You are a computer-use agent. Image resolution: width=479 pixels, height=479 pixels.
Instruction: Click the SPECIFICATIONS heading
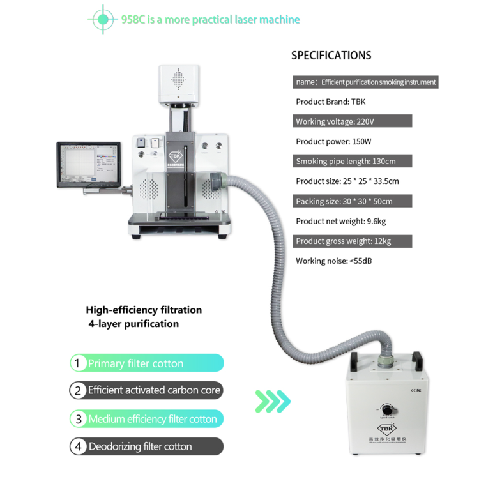[x=331, y=56]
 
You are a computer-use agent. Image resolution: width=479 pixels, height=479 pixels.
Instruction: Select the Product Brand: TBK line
[x=330, y=102]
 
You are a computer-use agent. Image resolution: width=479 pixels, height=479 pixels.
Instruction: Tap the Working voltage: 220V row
[x=352, y=121]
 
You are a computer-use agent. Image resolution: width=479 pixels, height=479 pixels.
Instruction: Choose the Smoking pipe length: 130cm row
[x=352, y=161]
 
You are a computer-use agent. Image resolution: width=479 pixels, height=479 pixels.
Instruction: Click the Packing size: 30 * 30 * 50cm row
[x=352, y=201]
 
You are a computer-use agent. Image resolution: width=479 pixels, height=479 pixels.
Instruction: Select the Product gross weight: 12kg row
[x=352, y=241]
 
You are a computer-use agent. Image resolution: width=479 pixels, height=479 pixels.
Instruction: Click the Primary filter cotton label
[x=135, y=363]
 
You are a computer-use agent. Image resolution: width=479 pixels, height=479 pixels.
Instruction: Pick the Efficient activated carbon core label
[x=154, y=390]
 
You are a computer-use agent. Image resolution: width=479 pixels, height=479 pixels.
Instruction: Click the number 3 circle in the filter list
[x=78, y=419]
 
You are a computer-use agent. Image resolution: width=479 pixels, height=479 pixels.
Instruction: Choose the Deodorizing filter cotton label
[x=140, y=446]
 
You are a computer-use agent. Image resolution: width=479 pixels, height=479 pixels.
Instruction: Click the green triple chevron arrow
[x=273, y=402]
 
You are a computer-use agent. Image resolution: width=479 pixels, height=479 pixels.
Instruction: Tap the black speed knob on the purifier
[x=386, y=409]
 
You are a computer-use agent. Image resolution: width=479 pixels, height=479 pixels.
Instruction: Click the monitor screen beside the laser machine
[x=87, y=163]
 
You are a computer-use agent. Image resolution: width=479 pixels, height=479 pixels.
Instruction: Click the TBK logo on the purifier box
[x=386, y=429]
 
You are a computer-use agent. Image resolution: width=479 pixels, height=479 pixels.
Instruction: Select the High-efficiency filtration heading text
[x=144, y=310]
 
